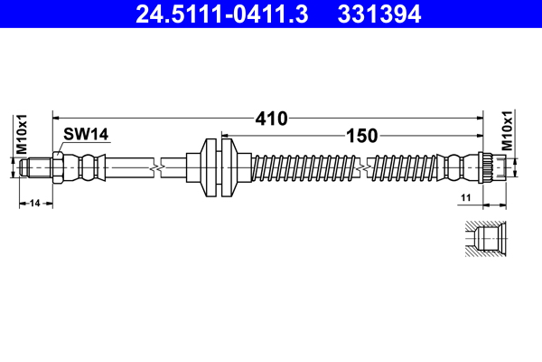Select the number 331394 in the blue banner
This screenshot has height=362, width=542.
click(379, 14)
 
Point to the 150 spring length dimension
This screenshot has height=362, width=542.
click(360, 137)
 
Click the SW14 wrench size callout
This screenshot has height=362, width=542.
click(86, 134)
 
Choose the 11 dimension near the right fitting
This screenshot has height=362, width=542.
click(466, 196)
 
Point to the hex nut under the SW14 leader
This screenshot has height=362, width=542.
click(59, 167)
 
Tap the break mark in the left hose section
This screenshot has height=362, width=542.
click(160, 167)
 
